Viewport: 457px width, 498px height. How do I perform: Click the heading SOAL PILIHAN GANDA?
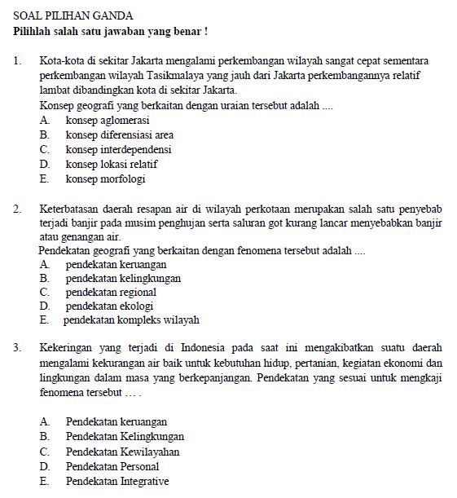tap(73, 15)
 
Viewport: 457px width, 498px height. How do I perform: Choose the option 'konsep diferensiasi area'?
tap(119, 134)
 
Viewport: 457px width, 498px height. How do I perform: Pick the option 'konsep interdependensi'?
tap(118, 150)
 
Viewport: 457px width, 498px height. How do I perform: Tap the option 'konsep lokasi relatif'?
tap(112, 165)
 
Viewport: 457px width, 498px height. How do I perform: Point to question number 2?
tap(18, 209)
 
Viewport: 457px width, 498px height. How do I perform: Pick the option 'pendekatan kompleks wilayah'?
tap(131, 320)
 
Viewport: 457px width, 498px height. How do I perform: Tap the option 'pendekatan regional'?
tap(111, 292)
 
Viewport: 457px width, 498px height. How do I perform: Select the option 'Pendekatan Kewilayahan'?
tap(122, 452)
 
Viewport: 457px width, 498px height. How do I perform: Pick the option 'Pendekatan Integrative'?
tap(117, 481)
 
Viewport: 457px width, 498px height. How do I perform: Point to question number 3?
tap(18, 348)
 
